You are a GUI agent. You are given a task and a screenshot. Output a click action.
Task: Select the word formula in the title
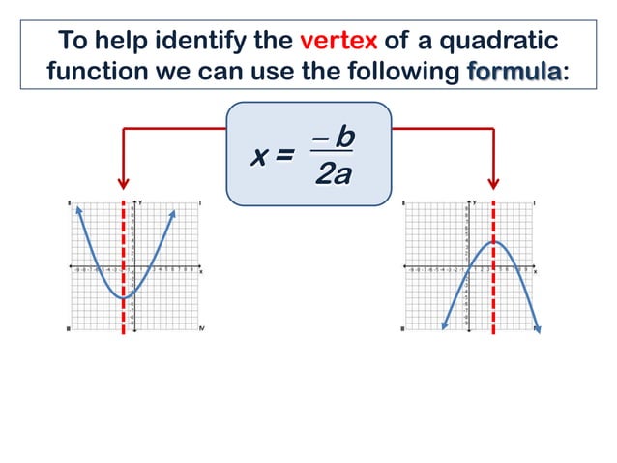513,72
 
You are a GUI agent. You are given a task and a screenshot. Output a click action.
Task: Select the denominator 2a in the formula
333,174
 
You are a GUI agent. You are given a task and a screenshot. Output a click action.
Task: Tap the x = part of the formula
272,157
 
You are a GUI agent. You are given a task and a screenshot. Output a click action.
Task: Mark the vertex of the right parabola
494,241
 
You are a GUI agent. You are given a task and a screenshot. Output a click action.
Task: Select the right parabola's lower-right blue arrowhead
538,329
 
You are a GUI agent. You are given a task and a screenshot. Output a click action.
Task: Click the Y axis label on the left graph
141,201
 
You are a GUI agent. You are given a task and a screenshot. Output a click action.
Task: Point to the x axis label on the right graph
537,272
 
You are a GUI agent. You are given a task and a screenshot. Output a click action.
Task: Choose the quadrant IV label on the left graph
201,329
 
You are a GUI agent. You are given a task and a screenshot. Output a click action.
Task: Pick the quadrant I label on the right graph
535,202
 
